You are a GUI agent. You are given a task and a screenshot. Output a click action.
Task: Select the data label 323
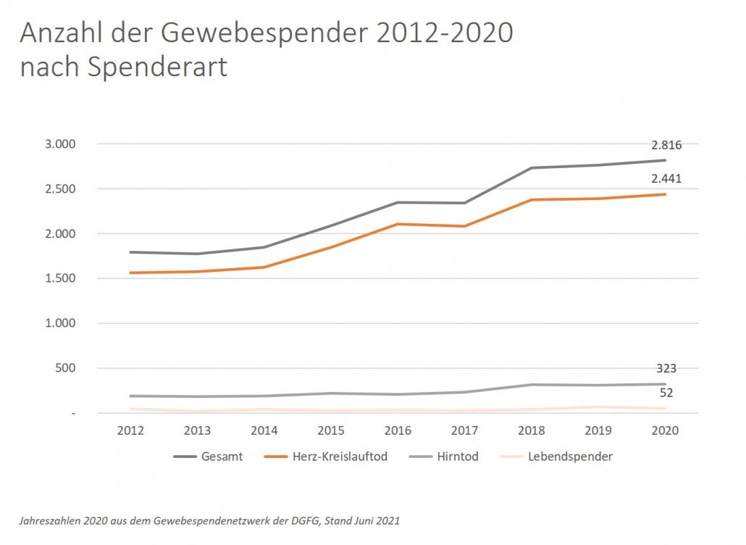click(x=666, y=369)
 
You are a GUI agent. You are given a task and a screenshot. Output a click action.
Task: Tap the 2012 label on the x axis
click(x=130, y=430)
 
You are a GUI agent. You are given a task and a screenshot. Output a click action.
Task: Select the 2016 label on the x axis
click(x=398, y=430)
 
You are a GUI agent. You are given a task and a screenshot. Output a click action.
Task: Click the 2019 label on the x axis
click(x=598, y=430)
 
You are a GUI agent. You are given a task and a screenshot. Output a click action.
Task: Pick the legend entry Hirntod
click(x=457, y=457)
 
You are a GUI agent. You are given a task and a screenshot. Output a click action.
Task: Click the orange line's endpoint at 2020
click(x=665, y=194)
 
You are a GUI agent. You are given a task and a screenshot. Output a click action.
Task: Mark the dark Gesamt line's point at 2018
click(x=532, y=168)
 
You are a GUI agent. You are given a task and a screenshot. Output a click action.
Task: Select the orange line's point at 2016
click(x=398, y=224)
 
